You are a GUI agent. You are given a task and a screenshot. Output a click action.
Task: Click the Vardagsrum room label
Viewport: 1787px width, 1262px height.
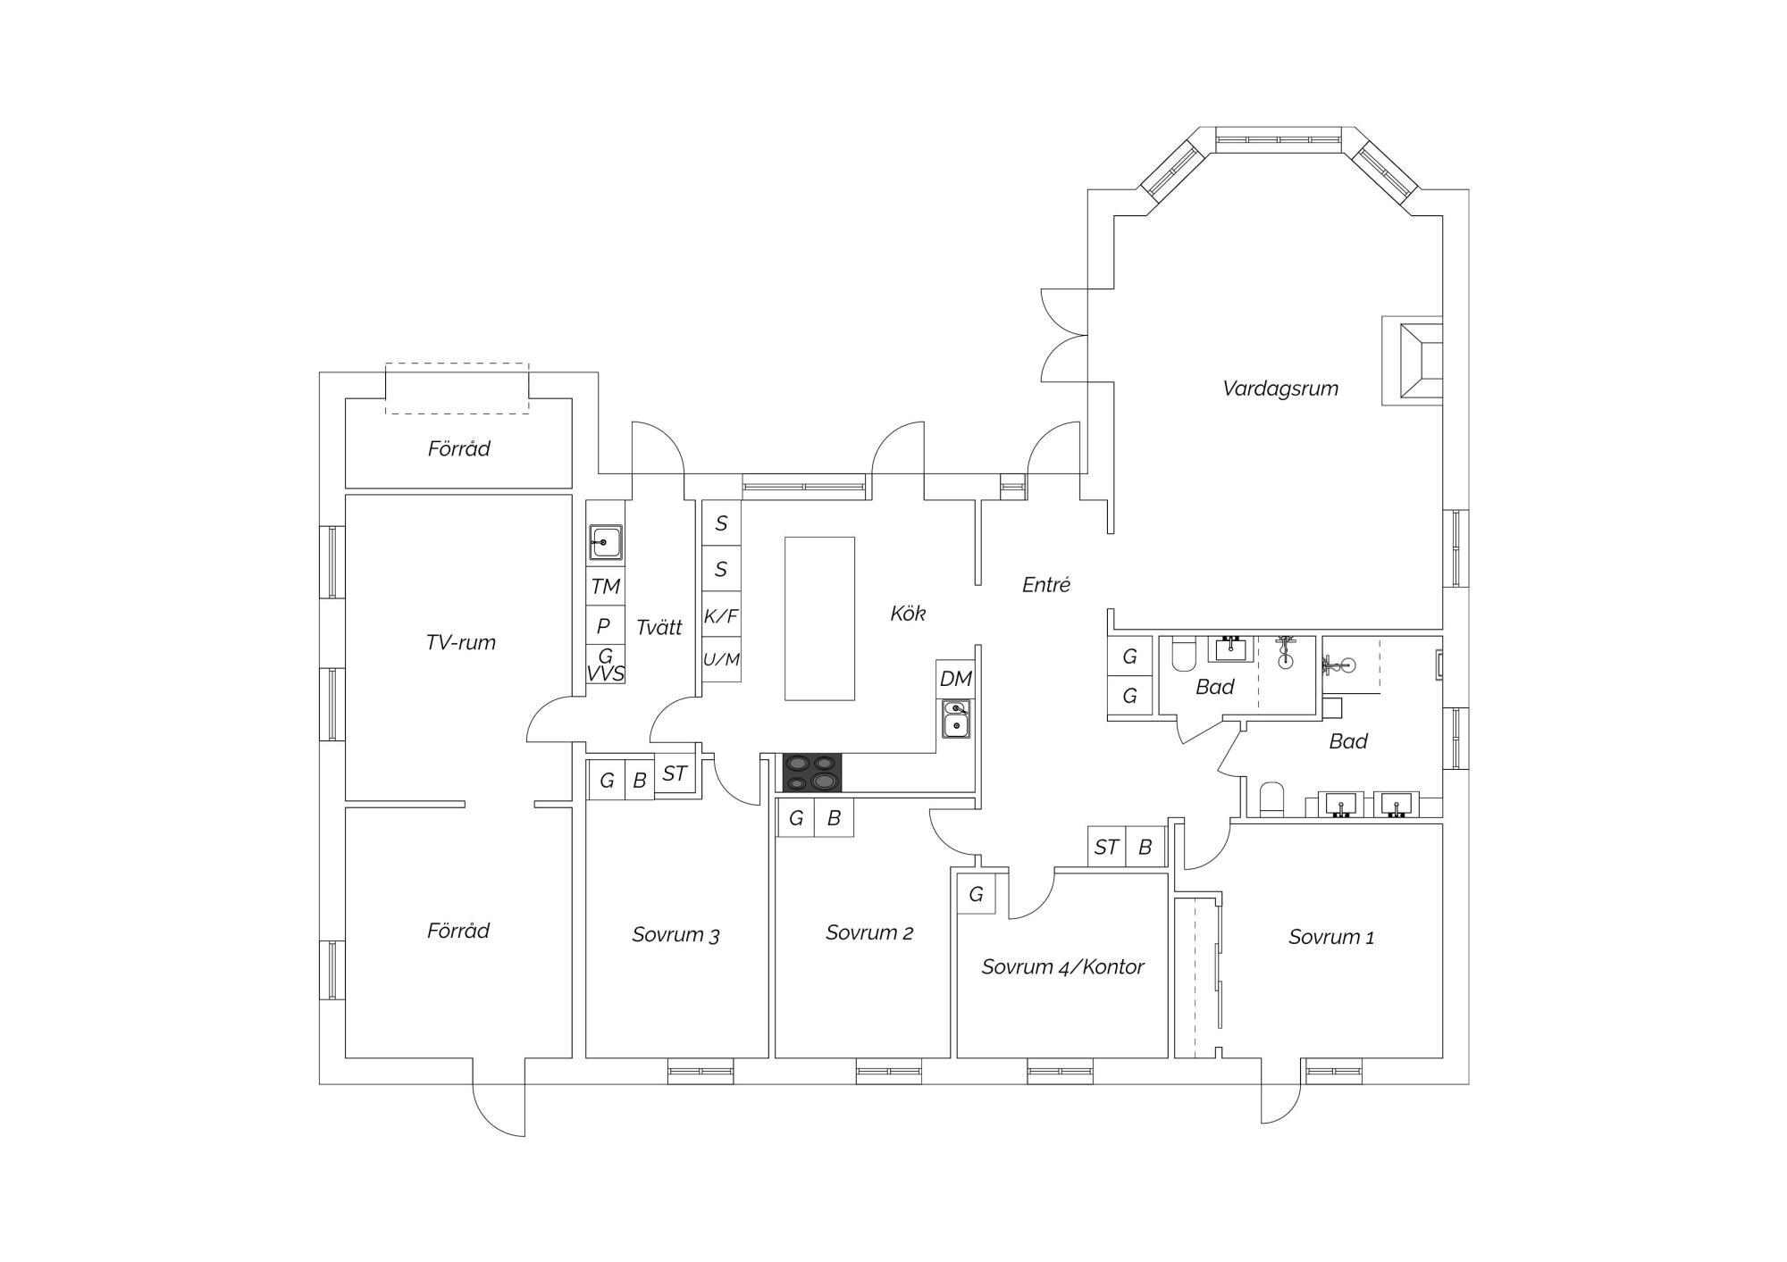1280,389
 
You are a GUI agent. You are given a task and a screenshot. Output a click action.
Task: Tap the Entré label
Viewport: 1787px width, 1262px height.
1046,585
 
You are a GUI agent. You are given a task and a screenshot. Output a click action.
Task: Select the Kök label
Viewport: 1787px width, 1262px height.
908,614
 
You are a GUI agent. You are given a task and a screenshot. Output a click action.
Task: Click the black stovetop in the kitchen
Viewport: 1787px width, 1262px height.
812,773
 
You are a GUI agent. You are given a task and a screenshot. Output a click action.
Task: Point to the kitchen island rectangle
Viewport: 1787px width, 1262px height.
819,618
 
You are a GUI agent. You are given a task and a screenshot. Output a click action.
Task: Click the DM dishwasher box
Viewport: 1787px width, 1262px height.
955,679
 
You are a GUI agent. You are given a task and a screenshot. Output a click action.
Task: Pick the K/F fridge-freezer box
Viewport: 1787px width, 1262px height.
721,615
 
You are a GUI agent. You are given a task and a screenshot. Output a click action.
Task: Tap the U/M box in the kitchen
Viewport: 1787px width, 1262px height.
721,660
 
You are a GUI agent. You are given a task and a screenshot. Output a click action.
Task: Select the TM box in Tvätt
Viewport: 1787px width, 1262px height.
605,586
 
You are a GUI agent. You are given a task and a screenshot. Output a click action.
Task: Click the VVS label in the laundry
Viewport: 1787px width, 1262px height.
605,673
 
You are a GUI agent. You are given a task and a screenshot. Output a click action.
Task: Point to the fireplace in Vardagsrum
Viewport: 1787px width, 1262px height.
1413,360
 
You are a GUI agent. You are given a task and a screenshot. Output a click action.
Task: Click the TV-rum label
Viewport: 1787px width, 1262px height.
460,642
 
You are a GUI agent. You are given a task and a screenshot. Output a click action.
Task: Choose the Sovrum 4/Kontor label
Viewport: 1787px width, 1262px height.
1062,967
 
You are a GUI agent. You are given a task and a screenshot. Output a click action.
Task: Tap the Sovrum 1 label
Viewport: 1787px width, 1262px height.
1331,937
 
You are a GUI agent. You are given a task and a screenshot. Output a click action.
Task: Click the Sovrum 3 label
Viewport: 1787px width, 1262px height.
675,935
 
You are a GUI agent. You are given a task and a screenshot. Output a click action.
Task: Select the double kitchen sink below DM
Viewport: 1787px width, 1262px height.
956,719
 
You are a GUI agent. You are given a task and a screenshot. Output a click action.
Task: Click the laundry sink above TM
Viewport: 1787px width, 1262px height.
605,542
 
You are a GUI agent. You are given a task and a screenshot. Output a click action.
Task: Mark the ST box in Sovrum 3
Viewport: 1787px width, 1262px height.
675,773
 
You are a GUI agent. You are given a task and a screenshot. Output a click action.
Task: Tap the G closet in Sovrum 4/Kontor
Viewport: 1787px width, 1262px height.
976,894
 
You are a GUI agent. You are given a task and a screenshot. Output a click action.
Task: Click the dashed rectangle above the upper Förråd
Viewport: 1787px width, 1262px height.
457,389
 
